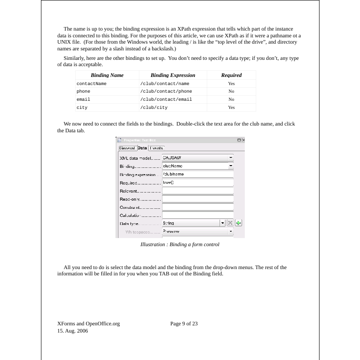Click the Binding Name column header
[107, 75]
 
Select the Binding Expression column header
[173, 75]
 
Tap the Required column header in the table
[231, 75]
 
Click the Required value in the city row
[231, 108]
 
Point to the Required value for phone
[231, 91]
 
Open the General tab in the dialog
[127, 148]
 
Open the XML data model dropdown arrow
[231, 158]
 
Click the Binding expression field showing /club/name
[198, 174]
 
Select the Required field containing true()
[198, 183]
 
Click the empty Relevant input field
[198, 191]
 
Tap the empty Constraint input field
[198, 207]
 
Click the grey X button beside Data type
[230, 223]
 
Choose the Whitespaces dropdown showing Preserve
[198, 231]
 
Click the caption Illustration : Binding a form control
[180, 244]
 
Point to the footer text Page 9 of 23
[184, 324]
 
